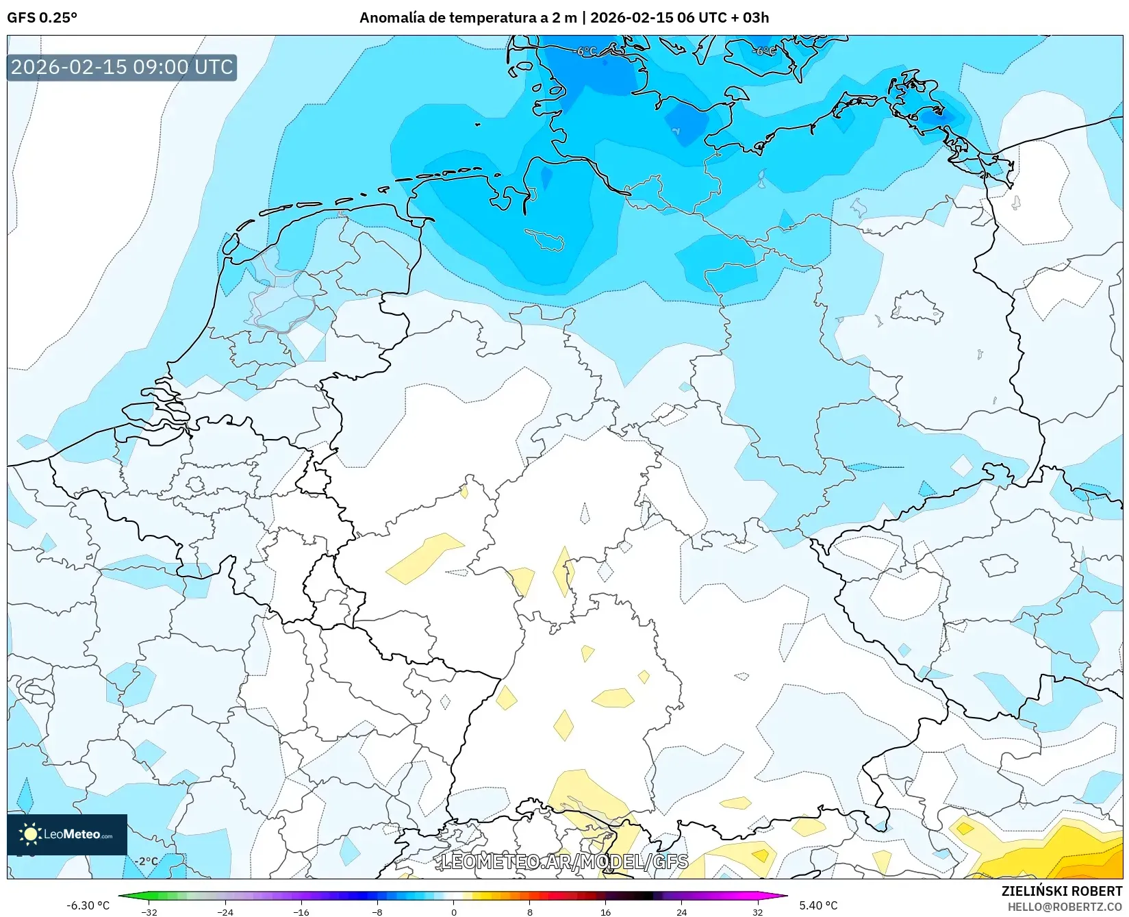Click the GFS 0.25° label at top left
pos(42,18)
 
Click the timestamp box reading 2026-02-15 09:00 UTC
pos(122,67)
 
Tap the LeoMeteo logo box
pos(67,834)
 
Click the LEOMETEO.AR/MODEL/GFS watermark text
pos(564,862)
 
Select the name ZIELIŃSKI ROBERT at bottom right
pos(1061,891)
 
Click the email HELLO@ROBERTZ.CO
pos(1064,907)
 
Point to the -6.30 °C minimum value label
pos(88,905)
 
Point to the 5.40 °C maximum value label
pos(817,905)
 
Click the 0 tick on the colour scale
pos(453,912)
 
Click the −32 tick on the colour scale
pos(149,912)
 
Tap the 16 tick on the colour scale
pos(605,912)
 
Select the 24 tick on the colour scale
pos(681,912)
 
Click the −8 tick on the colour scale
pos(377,912)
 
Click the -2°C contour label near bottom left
pos(146,862)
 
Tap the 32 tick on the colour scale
pos(757,912)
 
